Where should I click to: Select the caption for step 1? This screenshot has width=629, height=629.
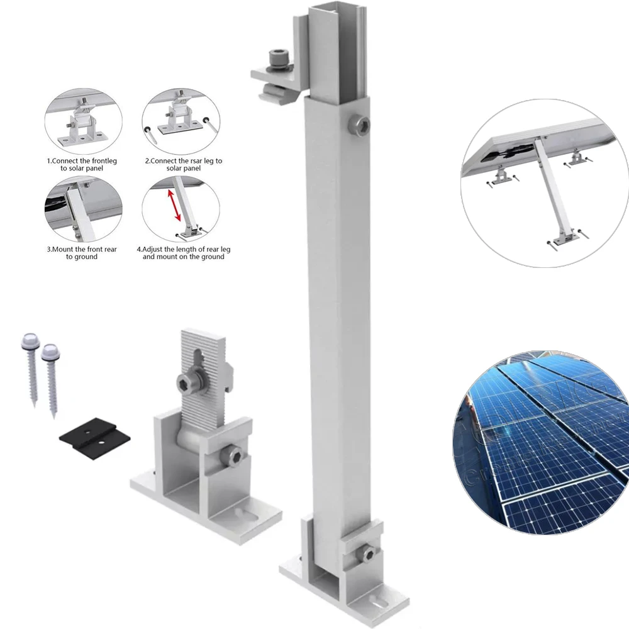[82, 165]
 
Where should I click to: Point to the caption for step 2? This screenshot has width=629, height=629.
[183, 165]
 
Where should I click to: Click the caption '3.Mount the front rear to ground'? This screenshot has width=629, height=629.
[82, 253]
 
